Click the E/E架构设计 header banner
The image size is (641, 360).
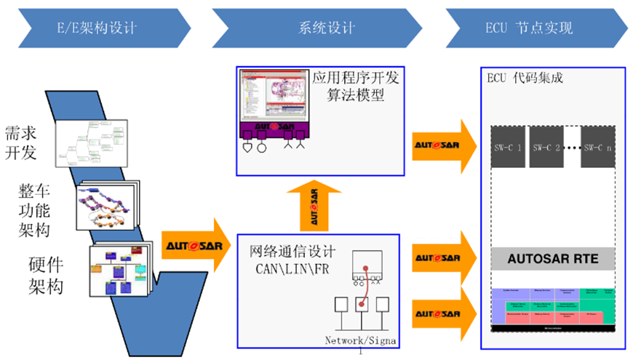(x=97, y=28)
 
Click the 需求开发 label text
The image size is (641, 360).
(x=21, y=143)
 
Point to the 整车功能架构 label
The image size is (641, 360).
(x=35, y=211)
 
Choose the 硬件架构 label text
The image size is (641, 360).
(x=45, y=275)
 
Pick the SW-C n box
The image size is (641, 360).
(x=598, y=147)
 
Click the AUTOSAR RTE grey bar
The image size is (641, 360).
(x=552, y=258)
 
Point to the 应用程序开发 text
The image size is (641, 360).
(x=357, y=76)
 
